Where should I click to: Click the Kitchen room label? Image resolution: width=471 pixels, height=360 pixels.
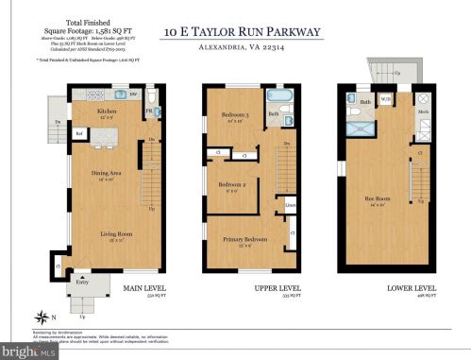click(107, 110)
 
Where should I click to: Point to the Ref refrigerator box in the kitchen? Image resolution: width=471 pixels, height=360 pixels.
click(81, 133)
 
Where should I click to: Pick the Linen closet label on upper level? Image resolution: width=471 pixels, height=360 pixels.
click(291, 204)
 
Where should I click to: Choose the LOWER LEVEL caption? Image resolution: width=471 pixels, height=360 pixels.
click(410, 287)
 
